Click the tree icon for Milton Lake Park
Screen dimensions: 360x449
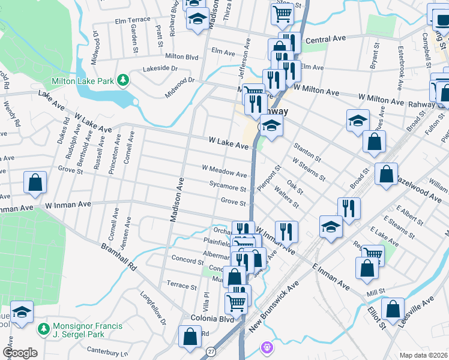(122, 80)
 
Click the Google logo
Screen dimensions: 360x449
(20, 353)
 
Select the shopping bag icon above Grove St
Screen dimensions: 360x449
(35, 182)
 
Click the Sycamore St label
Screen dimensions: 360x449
(228, 188)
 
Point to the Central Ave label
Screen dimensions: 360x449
(326, 39)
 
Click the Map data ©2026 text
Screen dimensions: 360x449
(423, 355)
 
